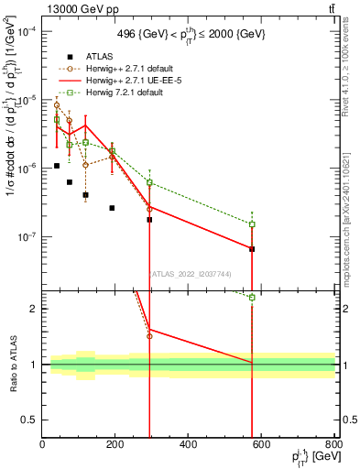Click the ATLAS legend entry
click(x=98, y=57)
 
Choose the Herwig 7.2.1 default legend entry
click(x=128, y=93)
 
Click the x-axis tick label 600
click(x=261, y=445)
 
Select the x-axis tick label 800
click(x=334, y=445)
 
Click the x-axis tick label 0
click(x=42, y=445)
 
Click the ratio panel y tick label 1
click(x=34, y=365)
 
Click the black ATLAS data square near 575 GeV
click(x=252, y=249)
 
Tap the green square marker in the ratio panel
click(x=252, y=297)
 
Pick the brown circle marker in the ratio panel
click(x=149, y=336)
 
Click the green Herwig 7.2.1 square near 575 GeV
click(x=252, y=224)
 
